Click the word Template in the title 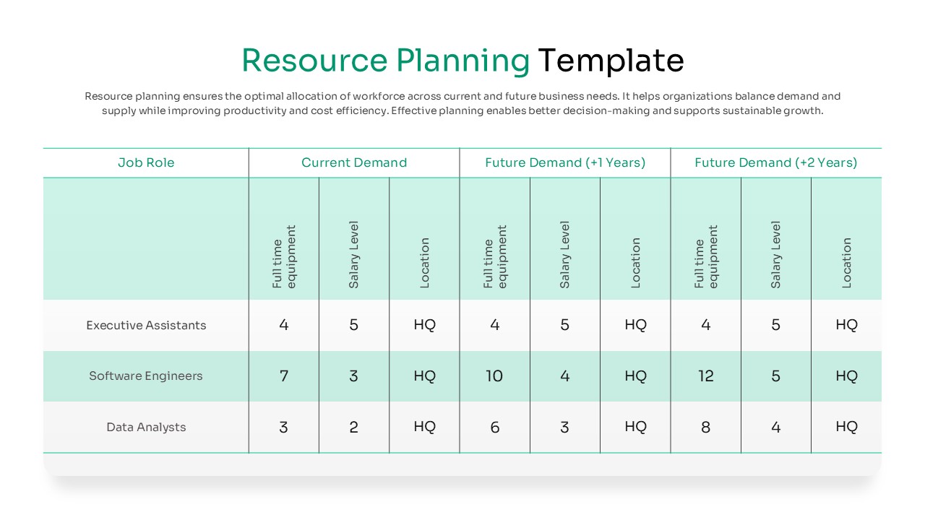(610, 61)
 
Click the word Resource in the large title (314, 61)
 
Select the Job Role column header (146, 162)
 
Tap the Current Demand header (354, 162)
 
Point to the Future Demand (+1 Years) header (565, 162)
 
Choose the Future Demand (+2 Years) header (775, 162)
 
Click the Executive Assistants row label (146, 325)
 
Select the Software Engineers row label (146, 376)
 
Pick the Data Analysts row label (146, 427)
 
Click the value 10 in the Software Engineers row (494, 376)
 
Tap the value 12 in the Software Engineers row (705, 376)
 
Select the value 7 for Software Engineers (284, 376)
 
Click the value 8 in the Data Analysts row (705, 427)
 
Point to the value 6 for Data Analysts (494, 427)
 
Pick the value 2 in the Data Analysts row (354, 427)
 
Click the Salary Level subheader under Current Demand (354, 254)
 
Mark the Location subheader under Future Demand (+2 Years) (846, 263)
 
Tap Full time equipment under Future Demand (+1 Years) (495, 256)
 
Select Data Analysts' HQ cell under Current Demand (424, 427)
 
